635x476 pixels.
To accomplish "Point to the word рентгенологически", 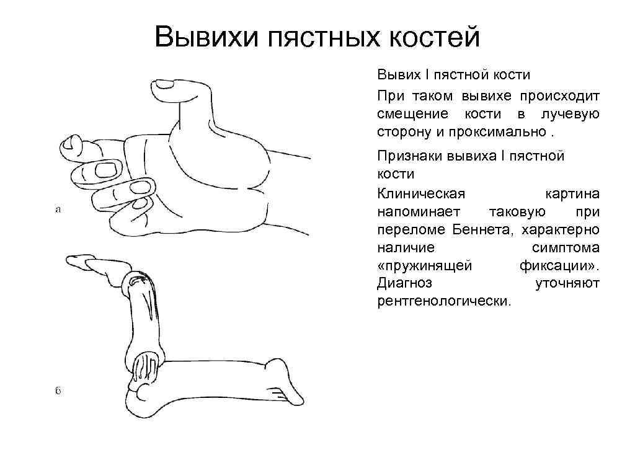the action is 445,302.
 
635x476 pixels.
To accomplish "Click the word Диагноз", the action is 404,284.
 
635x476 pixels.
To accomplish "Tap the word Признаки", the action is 409,156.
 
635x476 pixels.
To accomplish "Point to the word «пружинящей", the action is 425,266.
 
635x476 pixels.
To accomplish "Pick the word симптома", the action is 566,248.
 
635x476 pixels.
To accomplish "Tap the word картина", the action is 572,194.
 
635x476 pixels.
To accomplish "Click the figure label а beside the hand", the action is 58,209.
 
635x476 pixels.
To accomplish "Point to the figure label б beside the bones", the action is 58,391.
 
